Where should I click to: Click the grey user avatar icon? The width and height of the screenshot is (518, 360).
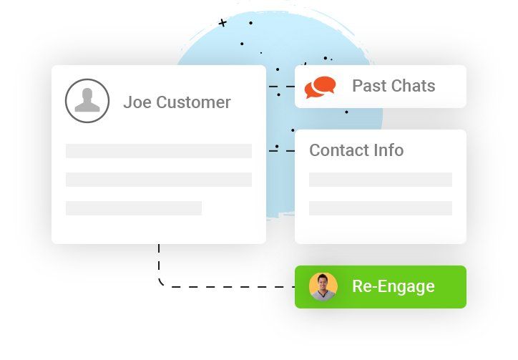point(87,100)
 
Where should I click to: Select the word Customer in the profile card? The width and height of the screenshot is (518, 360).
point(193,102)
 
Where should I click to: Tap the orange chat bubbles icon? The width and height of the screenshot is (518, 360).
point(320,87)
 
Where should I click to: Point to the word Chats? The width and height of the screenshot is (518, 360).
point(414,86)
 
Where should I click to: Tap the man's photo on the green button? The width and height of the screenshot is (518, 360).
point(323,286)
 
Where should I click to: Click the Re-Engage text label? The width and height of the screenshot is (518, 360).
point(394,286)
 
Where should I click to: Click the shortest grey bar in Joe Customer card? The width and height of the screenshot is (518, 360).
point(134,208)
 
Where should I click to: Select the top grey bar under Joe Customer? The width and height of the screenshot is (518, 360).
point(159,151)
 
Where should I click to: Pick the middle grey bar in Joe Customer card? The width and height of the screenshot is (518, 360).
point(159,180)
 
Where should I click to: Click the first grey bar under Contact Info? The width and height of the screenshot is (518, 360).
point(381,180)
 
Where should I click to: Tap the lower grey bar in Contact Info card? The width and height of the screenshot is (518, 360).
point(381,208)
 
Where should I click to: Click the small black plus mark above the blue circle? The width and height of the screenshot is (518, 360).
point(223,23)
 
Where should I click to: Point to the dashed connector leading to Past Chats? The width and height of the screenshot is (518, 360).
point(282,87)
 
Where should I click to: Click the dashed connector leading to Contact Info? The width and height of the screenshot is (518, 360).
point(282,151)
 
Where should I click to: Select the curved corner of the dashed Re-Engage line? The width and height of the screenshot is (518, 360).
point(162,283)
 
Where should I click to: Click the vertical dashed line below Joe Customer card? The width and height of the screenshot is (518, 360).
point(159,261)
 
